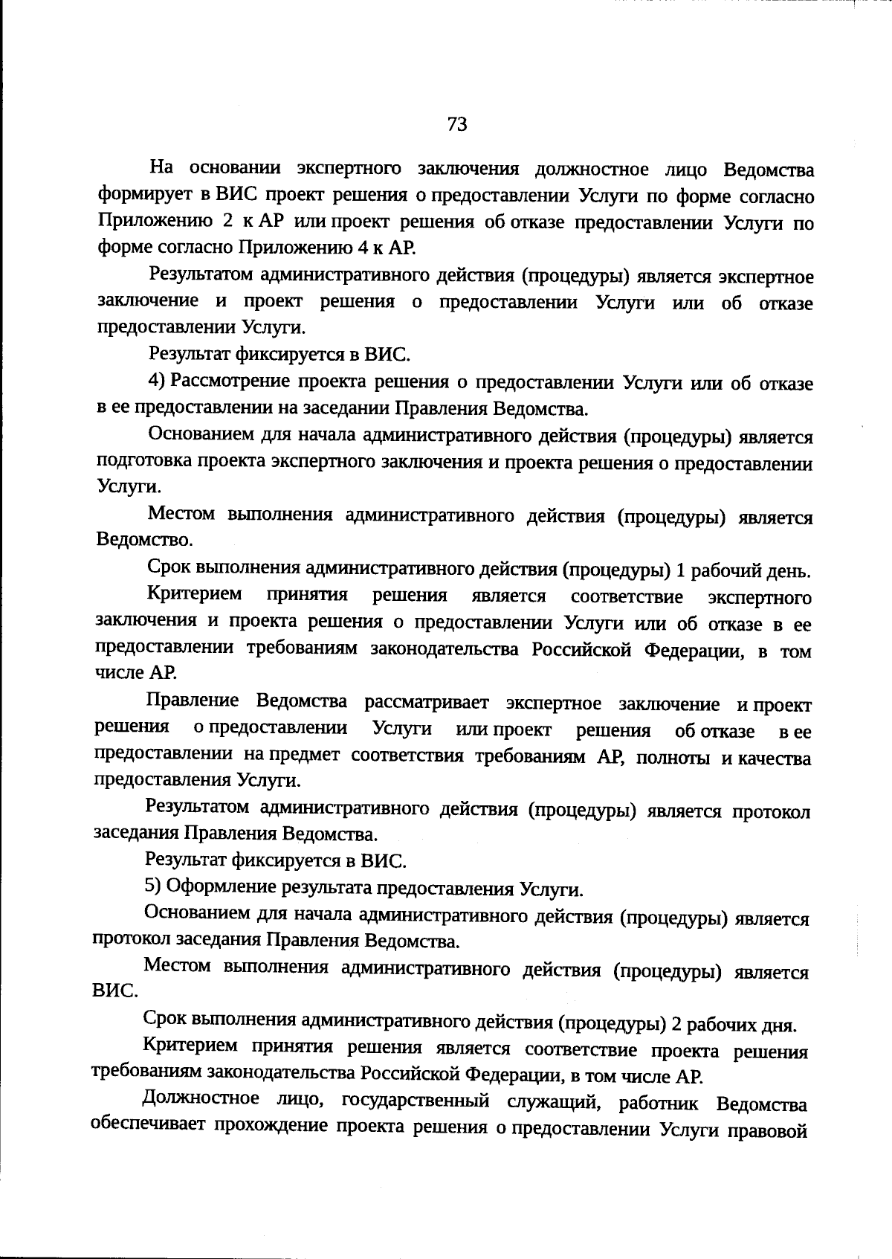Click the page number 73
coord(457,124)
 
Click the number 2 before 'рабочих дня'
coord(676,1025)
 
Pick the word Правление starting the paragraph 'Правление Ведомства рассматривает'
coord(193,701)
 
